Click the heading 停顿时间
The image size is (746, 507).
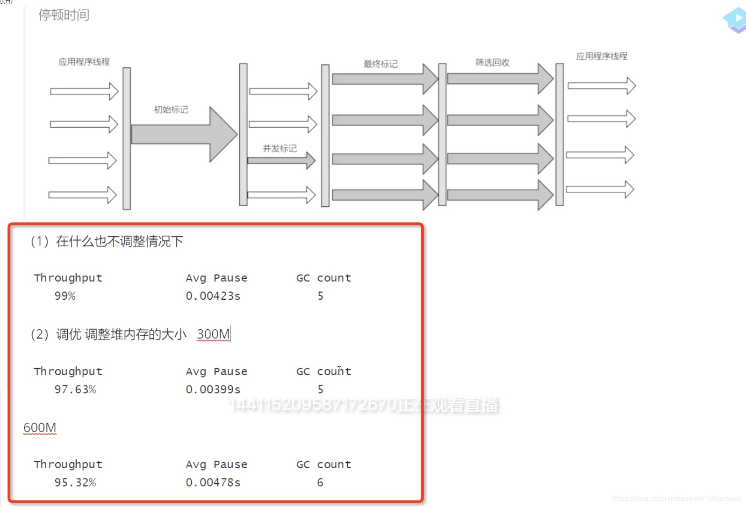[x=64, y=15]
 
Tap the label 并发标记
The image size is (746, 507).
[x=280, y=148]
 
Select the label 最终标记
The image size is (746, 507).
[x=380, y=64]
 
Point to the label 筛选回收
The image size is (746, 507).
[x=492, y=63]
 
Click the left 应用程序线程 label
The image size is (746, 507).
[x=84, y=62]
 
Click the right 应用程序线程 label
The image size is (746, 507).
[x=602, y=56]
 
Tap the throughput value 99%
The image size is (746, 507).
[x=65, y=296]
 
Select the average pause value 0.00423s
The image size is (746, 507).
[x=213, y=296]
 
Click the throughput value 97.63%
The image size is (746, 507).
[x=75, y=389]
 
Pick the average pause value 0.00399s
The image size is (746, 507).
[x=213, y=389]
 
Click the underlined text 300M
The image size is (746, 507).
[x=213, y=334]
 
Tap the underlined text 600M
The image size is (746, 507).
[x=40, y=427]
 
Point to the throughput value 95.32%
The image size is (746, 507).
[x=75, y=482]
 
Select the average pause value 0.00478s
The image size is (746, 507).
[x=213, y=482]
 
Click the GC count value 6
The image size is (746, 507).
[x=320, y=482]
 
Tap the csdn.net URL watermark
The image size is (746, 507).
[x=676, y=499]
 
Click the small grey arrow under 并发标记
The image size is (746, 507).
[x=280, y=160]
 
